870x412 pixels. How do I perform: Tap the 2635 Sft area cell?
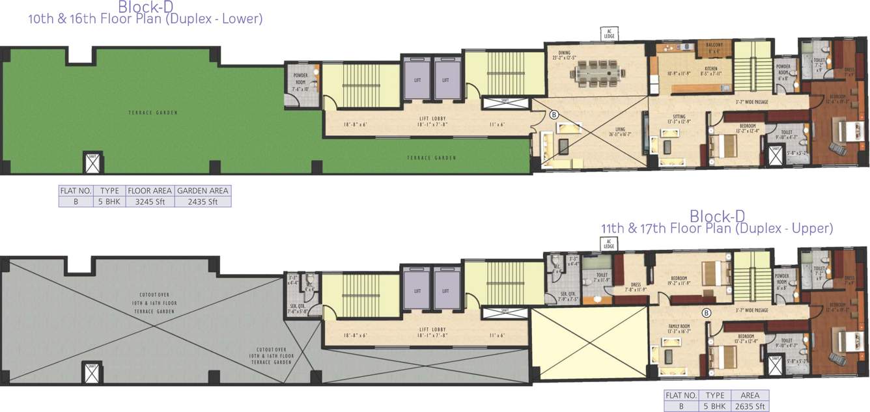(x=750, y=406)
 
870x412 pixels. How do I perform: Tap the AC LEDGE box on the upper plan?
(x=610, y=243)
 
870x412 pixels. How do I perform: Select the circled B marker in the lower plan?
(x=554, y=114)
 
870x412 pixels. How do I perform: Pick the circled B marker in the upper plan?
(x=706, y=313)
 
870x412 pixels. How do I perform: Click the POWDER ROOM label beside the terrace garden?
(x=300, y=77)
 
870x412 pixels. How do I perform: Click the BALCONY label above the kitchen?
(x=714, y=44)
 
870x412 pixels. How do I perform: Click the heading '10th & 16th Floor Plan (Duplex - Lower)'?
(x=145, y=20)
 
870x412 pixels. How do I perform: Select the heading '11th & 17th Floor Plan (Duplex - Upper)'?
(x=717, y=228)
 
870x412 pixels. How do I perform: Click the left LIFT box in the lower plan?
(x=417, y=80)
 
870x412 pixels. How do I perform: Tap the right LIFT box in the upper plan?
(x=446, y=289)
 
